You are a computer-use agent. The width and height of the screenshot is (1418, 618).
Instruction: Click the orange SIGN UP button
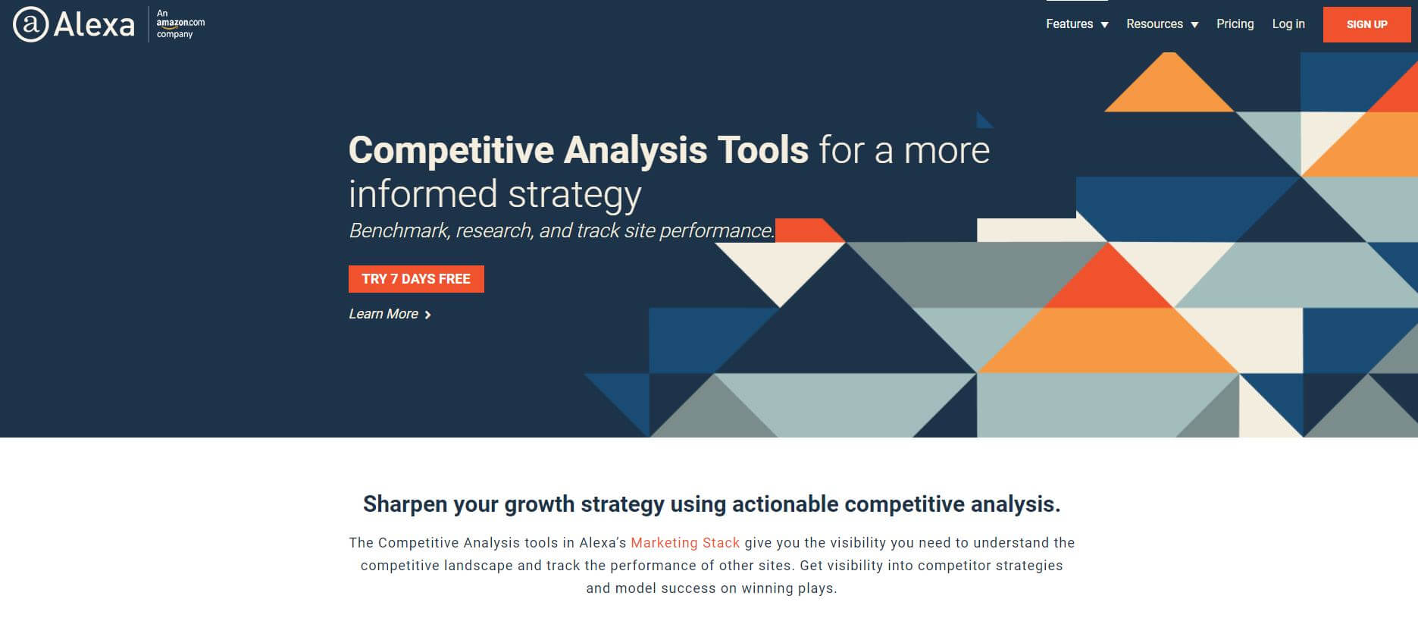point(1366,24)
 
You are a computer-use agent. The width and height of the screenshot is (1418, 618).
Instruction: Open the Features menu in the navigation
point(1077,24)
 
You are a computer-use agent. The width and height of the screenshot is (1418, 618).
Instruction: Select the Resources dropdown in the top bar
point(1163,24)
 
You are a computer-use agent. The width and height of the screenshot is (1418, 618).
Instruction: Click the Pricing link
point(1235,24)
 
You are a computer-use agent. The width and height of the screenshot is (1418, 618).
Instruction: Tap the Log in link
point(1288,24)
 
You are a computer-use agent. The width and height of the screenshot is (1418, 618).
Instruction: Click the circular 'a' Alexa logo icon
point(31,24)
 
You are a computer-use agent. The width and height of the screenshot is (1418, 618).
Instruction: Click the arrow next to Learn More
point(427,315)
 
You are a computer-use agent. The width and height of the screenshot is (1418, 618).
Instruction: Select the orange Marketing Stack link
point(685,543)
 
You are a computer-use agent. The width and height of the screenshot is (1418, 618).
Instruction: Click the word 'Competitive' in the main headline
point(451,150)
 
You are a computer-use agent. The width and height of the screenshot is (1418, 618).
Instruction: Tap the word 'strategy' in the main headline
point(574,195)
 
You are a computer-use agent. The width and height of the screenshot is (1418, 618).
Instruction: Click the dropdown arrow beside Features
point(1104,25)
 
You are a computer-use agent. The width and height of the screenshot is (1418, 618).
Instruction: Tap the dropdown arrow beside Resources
point(1194,25)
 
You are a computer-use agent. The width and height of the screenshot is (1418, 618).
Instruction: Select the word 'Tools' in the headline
point(762,150)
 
